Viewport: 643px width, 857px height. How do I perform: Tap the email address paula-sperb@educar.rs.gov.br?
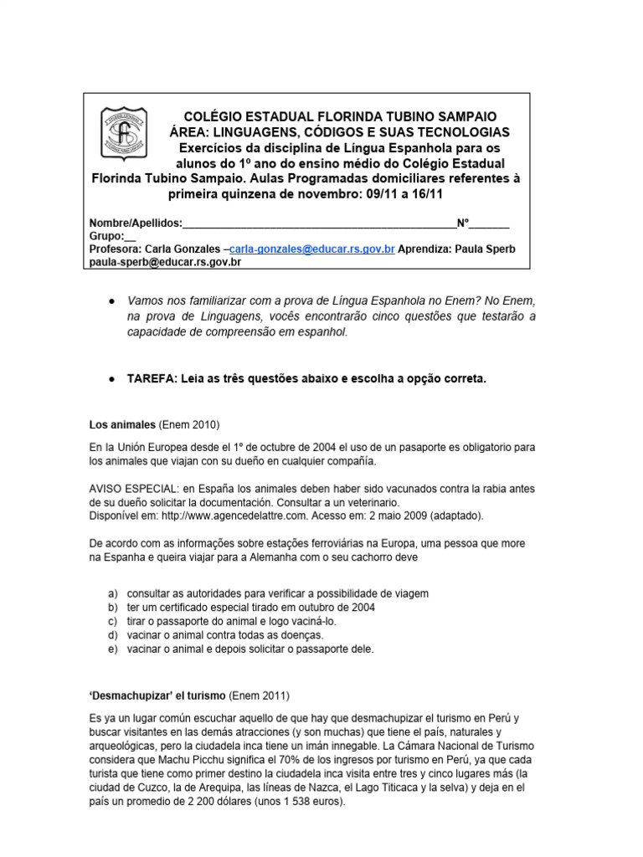(165, 262)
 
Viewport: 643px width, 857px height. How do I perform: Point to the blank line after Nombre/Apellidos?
(318, 224)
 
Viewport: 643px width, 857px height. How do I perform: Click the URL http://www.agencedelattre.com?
(226, 515)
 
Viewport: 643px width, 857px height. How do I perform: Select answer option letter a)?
(113, 593)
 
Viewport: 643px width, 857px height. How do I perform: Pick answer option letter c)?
(113, 621)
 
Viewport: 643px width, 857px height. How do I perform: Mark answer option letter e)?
(113, 649)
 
